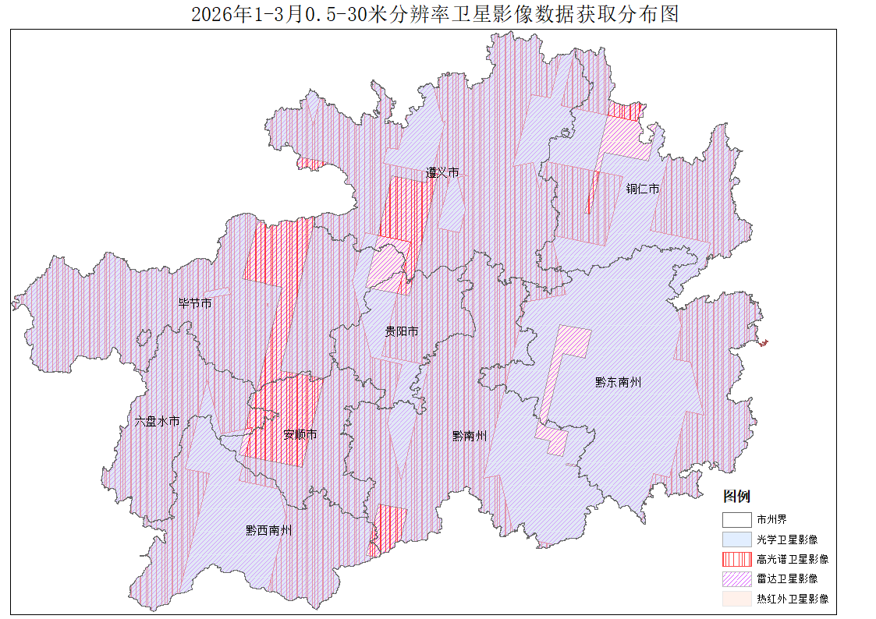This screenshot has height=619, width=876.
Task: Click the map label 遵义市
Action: coord(442,172)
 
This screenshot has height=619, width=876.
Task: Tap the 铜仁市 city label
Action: coord(643,189)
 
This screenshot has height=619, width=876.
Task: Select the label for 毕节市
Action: coord(195,303)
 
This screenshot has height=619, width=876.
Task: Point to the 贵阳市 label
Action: coord(402,331)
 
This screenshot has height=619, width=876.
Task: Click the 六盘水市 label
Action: coord(157,421)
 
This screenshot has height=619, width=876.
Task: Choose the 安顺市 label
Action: coord(300,434)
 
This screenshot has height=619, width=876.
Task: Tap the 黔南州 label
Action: coord(470,436)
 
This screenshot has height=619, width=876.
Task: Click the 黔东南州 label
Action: coord(618,382)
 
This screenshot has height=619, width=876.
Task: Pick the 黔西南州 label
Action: coord(269,530)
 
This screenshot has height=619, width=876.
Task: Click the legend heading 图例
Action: coord(736,497)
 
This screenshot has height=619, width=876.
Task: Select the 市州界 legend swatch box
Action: coord(736,519)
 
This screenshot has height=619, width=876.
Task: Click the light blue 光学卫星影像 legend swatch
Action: coord(736,539)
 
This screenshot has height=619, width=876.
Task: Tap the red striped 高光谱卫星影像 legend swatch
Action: coord(736,559)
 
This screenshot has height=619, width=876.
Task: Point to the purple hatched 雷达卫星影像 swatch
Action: coord(736,578)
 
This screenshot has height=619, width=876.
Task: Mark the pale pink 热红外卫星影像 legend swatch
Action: coord(736,599)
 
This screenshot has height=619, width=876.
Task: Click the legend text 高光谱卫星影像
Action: coord(793,559)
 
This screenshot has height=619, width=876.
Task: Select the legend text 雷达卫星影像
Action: coord(787,578)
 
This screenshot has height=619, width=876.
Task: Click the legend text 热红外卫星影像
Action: coord(793,599)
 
